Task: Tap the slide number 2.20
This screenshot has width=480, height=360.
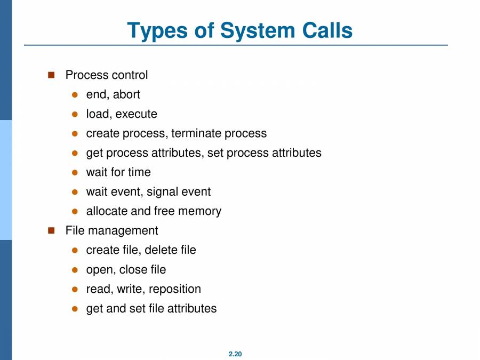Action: click(x=235, y=354)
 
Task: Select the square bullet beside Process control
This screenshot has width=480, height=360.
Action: click(x=52, y=75)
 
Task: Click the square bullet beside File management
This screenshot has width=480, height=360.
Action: click(x=52, y=230)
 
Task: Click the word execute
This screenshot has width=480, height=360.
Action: click(x=137, y=114)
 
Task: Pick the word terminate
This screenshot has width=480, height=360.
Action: click(x=196, y=133)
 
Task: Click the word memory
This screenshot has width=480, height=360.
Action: click(x=200, y=211)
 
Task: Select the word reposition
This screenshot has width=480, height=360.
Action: click(x=175, y=289)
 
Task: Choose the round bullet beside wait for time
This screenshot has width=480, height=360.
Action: click(x=75, y=173)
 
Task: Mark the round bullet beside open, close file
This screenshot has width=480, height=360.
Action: click(x=75, y=270)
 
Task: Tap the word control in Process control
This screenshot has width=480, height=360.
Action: click(x=130, y=75)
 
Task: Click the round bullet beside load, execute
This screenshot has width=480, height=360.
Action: click(x=75, y=114)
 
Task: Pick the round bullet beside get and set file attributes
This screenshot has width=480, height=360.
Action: click(x=75, y=309)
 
